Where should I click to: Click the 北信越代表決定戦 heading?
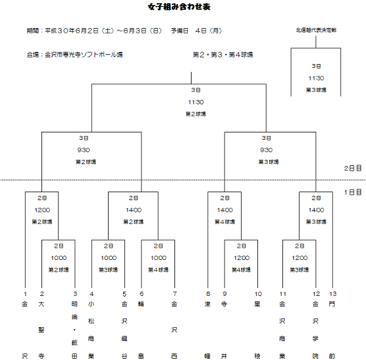coord(315,30)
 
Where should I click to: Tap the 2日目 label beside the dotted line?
coord(353,168)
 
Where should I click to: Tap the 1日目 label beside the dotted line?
coord(353,192)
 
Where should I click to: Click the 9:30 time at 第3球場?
coord(267,149)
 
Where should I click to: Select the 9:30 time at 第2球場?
coord(84,149)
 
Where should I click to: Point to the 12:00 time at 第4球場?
coord(242,257)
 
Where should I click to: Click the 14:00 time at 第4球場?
coord(224,209)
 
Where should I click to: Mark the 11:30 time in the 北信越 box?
coord(316,77)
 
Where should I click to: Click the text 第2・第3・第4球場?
coord(223,55)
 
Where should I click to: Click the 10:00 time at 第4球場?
coord(158,257)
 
